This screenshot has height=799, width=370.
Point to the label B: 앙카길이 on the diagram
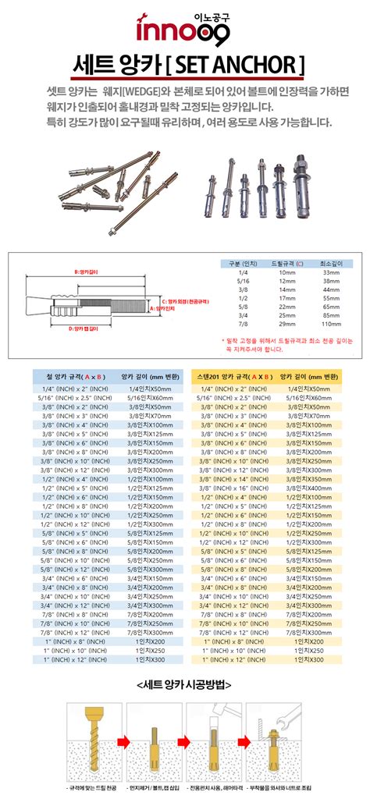coord(84,272)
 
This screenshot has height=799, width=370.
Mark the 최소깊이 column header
coord(332,265)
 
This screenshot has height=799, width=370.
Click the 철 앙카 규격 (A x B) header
coord(70,375)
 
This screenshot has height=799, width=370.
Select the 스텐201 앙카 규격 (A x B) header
coord(234,375)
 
